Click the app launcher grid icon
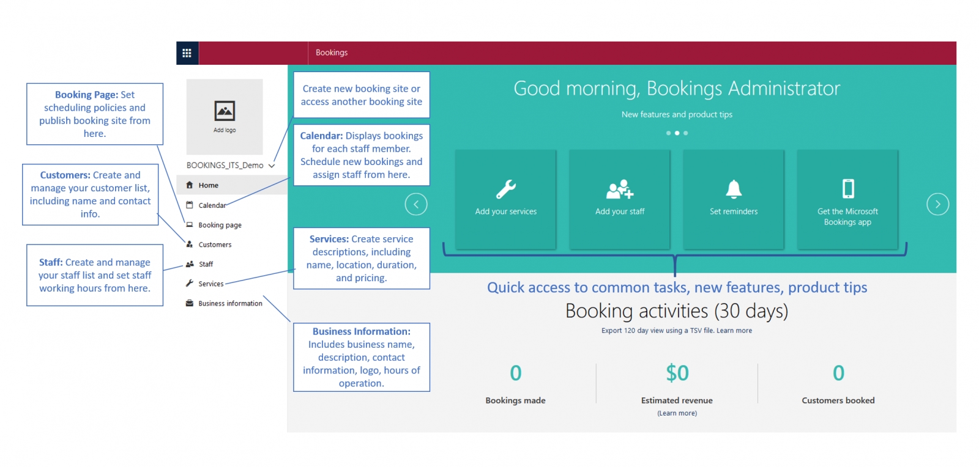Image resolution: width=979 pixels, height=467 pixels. point(187,53)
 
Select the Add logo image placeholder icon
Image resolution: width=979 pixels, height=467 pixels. point(225,111)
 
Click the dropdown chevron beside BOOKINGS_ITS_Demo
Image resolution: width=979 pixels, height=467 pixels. point(272,166)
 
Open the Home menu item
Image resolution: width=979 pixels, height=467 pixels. point(208,185)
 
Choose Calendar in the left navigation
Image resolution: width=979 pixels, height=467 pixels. point(212,205)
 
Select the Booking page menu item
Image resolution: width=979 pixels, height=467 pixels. point(220,225)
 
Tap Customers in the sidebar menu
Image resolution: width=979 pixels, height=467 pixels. point(215,245)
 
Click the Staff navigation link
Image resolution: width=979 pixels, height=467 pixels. point(206,264)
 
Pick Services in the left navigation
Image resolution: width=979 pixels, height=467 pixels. point(210,284)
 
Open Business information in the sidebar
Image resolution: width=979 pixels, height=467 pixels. point(230,303)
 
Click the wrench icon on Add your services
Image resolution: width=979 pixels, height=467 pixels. point(505,189)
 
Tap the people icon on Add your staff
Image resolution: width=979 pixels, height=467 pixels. point(620,189)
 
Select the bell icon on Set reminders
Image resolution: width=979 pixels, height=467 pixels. point(734,189)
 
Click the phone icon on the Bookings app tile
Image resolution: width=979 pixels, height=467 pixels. point(848,188)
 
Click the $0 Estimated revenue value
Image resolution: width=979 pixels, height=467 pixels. point(677,373)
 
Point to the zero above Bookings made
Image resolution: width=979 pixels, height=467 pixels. point(516,373)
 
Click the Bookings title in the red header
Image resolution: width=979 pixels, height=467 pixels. point(332,53)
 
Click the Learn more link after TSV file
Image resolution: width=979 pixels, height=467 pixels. point(734,331)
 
